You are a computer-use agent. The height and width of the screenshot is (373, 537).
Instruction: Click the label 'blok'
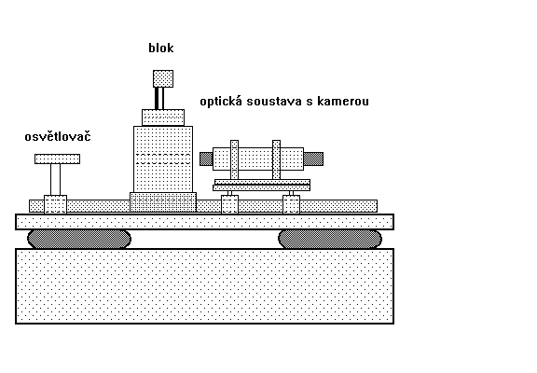point(161,48)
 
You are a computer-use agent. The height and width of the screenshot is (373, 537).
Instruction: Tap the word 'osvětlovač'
point(58,136)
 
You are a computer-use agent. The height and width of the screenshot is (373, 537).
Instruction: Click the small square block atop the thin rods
point(163,78)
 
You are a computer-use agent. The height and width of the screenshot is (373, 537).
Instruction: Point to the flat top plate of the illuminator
point(57,159)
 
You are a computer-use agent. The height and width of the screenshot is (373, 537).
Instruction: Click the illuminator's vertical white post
point(56,179)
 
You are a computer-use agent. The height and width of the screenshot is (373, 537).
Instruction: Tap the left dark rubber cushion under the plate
point(79,239)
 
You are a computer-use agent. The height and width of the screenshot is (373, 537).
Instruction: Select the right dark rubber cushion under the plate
point(330,239)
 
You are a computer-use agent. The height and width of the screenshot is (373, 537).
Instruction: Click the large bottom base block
point(204,286)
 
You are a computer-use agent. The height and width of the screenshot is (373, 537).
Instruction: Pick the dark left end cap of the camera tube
point(206,159)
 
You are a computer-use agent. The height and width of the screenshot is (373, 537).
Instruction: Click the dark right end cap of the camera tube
point(313,159)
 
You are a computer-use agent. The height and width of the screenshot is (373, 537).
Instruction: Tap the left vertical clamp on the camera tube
point(234,159)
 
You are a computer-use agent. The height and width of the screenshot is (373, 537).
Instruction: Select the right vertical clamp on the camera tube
point(276,159)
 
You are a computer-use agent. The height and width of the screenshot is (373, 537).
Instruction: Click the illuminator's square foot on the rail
point(56,204)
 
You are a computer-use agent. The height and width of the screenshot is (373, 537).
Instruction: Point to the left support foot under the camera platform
point(229,204)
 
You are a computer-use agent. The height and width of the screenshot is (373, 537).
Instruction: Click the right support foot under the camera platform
point(292,204)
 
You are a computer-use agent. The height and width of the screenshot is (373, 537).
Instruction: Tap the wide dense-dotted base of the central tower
point(163,202)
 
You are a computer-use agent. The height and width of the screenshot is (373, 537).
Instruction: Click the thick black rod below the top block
point(157,99)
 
